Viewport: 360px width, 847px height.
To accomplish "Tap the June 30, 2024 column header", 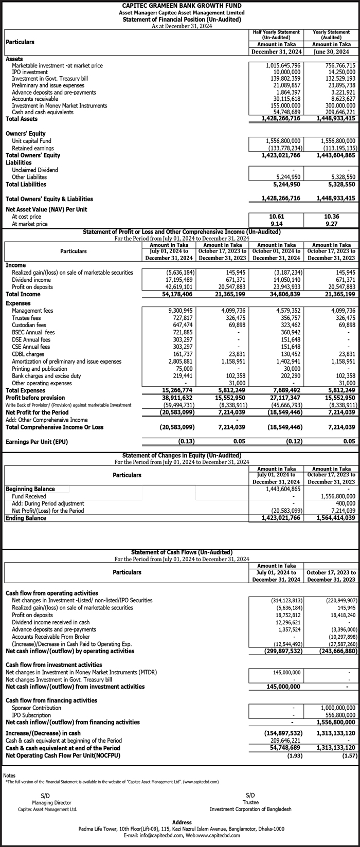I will [332, 52].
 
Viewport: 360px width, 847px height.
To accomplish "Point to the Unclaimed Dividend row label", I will [35, 170].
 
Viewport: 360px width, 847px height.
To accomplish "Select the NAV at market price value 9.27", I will [332, 224].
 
